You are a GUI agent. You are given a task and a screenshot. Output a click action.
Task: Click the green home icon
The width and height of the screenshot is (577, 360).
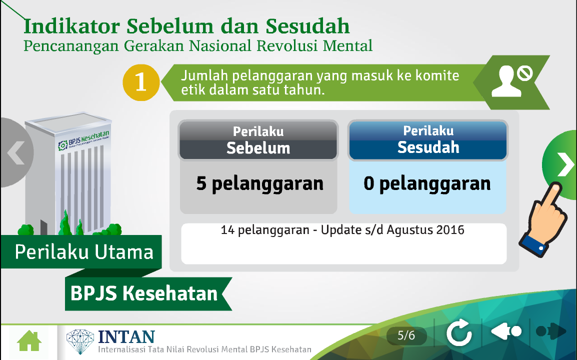pos(29,341)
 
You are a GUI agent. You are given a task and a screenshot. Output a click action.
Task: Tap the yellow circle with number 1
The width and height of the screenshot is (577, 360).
pos(141,82)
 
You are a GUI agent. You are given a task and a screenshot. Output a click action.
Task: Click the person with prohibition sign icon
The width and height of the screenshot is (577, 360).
pos(512,81)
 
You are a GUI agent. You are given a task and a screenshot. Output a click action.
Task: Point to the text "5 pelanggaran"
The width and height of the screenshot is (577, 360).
pos(260,183)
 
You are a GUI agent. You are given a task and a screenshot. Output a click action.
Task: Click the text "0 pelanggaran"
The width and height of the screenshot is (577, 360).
pos(427,183)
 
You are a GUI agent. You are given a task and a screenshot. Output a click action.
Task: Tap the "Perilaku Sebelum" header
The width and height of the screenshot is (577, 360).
pos(258,140)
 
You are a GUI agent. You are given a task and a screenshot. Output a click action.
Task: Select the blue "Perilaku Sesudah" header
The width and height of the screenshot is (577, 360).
pos(428,140)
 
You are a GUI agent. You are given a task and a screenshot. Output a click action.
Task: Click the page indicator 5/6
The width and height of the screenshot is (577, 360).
pos(406,335)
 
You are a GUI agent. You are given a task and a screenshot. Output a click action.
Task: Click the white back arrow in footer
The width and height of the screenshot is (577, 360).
pos(506,331)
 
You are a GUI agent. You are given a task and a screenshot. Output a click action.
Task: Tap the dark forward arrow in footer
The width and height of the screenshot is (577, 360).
pos(551,331)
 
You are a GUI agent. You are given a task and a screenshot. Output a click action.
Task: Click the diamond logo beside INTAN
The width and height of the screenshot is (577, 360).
pos(80,341)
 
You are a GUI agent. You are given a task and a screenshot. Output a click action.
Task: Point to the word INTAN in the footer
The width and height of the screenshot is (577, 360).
pos(126,337)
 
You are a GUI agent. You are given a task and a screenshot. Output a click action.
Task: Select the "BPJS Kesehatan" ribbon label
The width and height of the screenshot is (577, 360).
pos(144,293)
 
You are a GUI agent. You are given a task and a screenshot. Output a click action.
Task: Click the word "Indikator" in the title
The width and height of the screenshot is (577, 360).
pos(72,26)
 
